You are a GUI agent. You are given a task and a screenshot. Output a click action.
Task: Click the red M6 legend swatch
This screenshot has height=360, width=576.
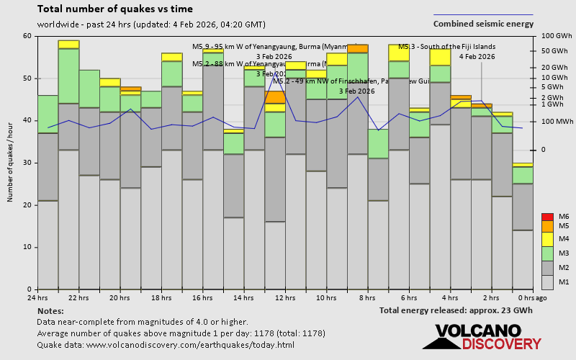pyautogui.click(x=547, y=217)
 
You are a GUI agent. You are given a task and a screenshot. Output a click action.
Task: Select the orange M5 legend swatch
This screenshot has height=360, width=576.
pyautogui.click(x=547, y=226)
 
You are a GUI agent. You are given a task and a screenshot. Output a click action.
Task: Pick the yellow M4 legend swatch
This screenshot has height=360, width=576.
pyautogui.click(x=547, y=238)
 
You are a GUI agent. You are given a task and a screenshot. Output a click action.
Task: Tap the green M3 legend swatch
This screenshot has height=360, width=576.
pyautogui.click(x=547, y=253)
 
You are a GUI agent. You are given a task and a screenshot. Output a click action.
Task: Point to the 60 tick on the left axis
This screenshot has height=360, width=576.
pyautogui.click(x=27, y=36)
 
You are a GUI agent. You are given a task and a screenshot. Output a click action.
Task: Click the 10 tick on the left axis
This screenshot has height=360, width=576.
pyautogui.click(x=27, y=247)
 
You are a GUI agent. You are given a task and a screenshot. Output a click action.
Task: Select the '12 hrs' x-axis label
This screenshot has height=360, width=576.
pyautogui.click(x=285, y=297)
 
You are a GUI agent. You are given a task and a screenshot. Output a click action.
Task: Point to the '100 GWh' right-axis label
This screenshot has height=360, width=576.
pyautogui.click(x=557, y=36)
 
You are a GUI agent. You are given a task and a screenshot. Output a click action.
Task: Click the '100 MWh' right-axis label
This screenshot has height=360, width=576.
pyautogui.click(x=556, y=121)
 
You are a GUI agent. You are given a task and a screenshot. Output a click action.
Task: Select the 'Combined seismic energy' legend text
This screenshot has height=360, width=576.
pyautogui.click(x=483, y=24)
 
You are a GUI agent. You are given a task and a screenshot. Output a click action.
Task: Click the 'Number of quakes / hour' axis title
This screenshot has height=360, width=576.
pyautogui.click(x=11, y=163)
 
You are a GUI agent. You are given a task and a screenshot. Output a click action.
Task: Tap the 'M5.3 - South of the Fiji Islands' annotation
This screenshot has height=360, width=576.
pyautogui.click(x=446, y=47)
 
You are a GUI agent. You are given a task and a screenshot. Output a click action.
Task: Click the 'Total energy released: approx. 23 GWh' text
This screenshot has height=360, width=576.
pyautogui.click(x=456, y=310)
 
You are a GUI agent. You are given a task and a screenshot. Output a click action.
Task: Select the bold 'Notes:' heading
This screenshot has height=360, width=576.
pyautogui.click(x=50, y=310)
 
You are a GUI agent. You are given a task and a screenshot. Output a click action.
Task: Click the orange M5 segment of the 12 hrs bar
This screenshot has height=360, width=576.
pyautogui.click(x=275, y=97)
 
